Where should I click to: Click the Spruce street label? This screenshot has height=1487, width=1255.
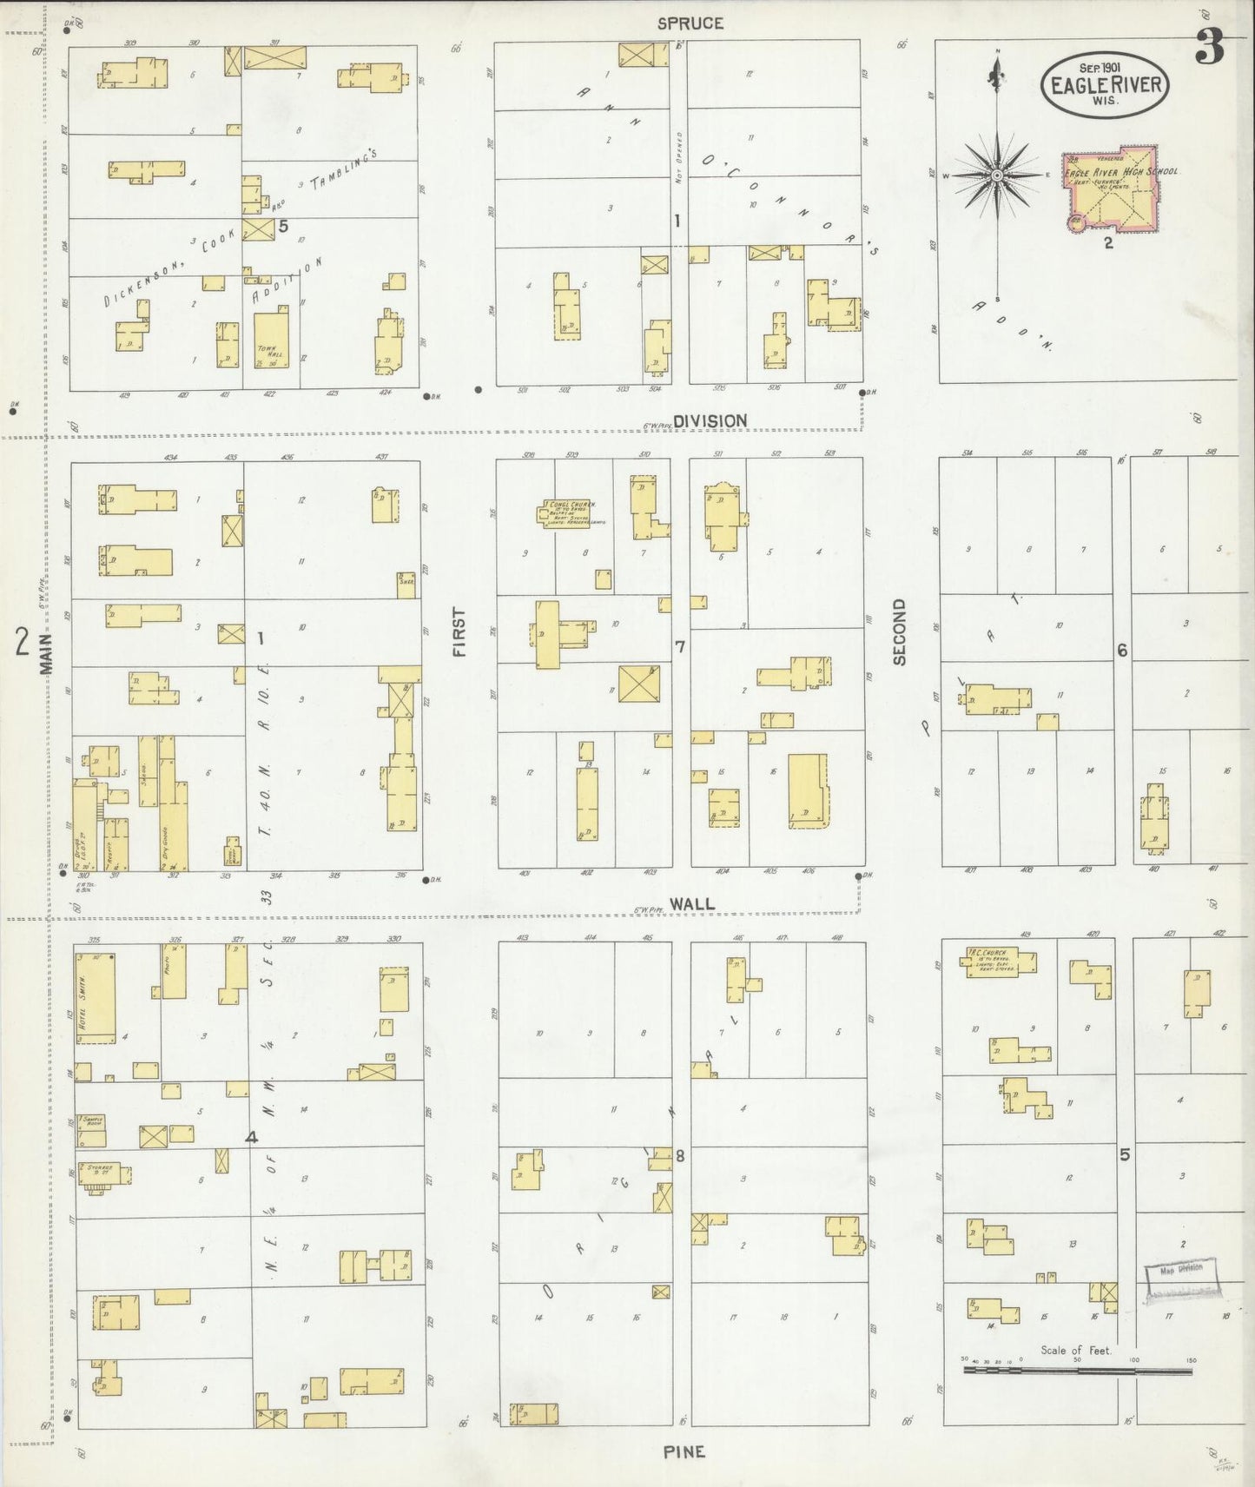690,23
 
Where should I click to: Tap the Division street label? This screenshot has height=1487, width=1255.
710,421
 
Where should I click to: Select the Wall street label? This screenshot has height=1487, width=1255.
694,903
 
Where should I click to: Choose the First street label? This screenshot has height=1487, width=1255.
459,631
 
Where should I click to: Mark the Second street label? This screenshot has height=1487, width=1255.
899,631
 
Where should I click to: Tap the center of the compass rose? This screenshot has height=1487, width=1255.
998,175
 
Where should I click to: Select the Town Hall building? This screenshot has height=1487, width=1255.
271,341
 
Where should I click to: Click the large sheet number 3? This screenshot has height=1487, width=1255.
1209,48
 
